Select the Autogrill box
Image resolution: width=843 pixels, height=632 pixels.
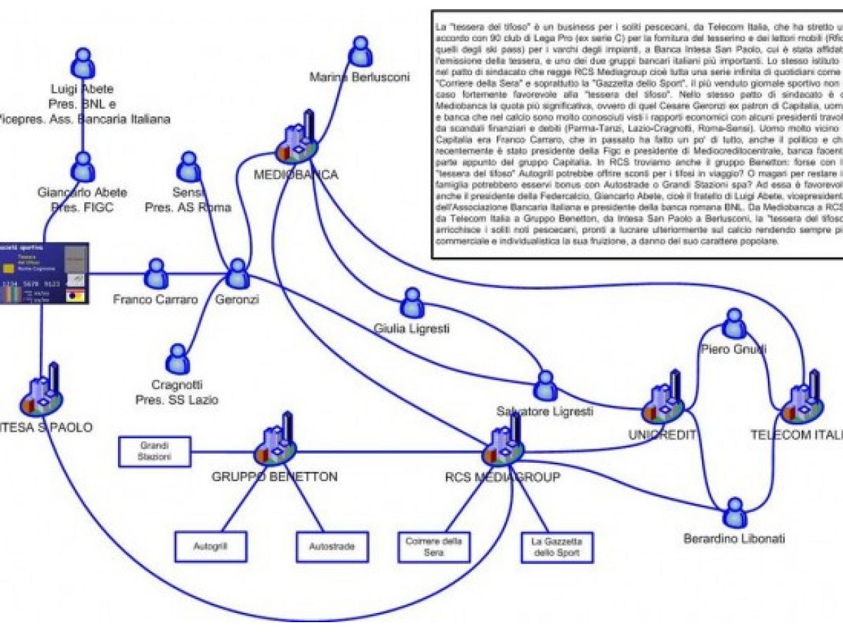pos(211,546)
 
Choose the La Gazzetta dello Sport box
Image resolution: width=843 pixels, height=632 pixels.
pos(556,546)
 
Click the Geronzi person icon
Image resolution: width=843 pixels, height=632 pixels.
pos(237,273)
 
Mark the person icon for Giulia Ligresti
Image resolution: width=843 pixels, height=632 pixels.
pos(411,303)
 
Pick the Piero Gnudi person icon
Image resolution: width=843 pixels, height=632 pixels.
pos(735,324)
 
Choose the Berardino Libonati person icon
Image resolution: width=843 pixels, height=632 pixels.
pos(735,513)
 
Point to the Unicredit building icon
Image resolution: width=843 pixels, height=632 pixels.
pos(662,401)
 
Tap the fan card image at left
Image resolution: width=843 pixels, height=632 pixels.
pos(44,273)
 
